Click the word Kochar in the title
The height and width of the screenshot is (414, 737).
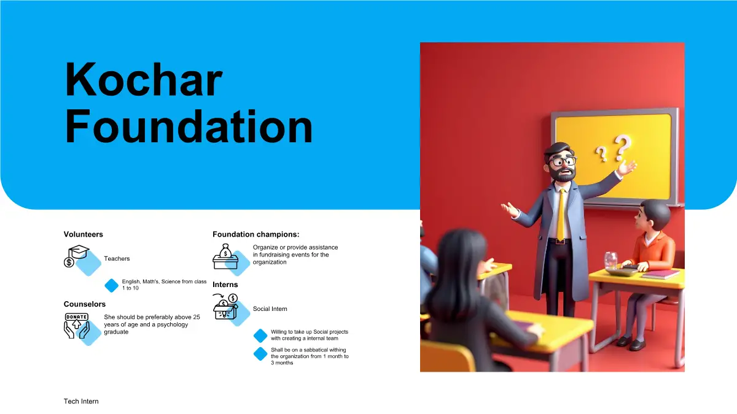(144, 79)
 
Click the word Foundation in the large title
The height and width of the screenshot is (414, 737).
(189, 127)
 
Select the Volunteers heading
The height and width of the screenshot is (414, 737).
(84, 234)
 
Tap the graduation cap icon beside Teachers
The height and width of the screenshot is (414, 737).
(77, 256)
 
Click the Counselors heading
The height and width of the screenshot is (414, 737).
(85, 304)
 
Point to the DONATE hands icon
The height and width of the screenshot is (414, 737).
(77, 326)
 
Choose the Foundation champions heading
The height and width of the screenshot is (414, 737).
(256, 234)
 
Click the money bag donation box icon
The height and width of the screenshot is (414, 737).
(225, 256)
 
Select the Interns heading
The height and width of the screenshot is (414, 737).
(225, 285)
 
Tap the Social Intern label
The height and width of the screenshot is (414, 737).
(270, 309)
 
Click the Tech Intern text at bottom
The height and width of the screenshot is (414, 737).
(81, 401)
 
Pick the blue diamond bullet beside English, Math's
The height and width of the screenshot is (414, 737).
(112, 285)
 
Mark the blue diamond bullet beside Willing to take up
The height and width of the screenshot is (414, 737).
(260, 335)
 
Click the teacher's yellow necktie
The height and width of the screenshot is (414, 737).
(561, 214)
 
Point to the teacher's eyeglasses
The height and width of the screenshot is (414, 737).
(564, 161)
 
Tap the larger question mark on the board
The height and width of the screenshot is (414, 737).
(622, 147)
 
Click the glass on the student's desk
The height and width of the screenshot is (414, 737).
(610, 261)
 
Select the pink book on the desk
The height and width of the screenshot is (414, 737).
(661, 274)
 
